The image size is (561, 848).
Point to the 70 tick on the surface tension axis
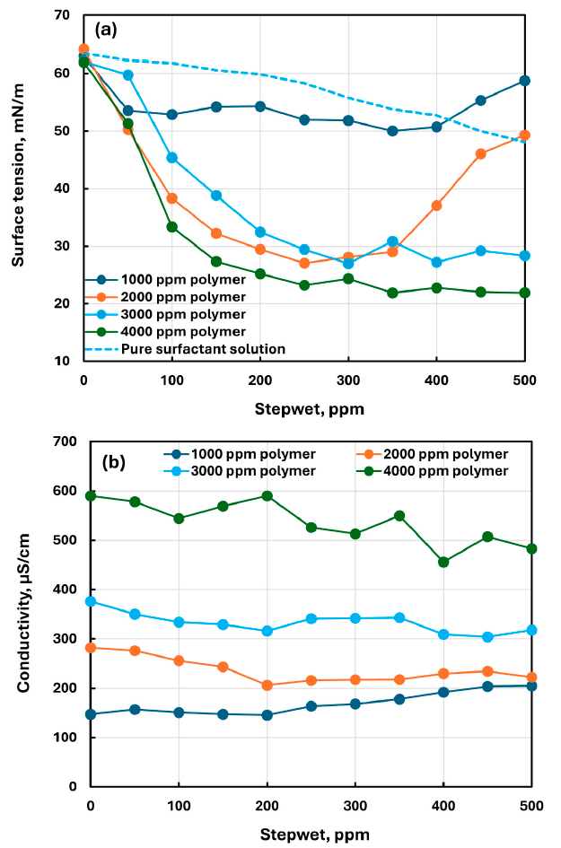tap(66, 15)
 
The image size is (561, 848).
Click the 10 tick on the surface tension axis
tap(66, 361)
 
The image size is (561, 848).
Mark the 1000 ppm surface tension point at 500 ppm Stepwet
tap(524, 81)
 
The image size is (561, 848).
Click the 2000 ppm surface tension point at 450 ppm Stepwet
tap(481, 153)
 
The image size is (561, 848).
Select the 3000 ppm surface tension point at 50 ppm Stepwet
tap(127, 75)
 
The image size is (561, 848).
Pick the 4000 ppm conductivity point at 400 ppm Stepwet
tap(443, 562)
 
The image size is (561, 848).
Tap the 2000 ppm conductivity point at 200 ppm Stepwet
tap(266, 685)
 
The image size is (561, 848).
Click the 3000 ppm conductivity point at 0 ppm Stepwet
tap(90, 601)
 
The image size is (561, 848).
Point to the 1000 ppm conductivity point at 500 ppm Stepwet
tap(531, 686)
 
